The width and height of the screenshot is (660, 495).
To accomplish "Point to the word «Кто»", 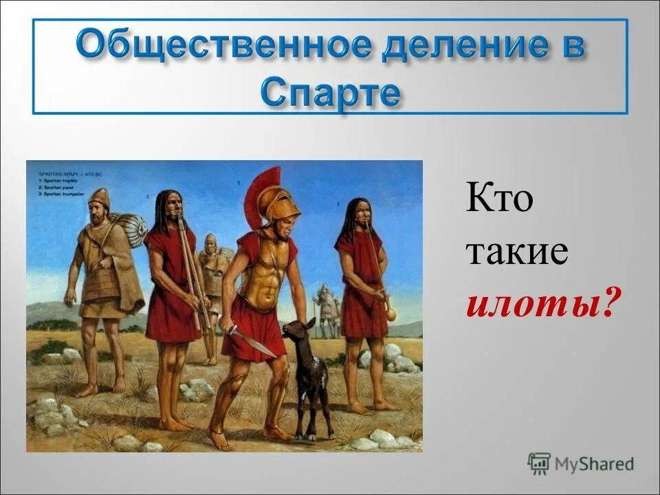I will click(x=500, y=200).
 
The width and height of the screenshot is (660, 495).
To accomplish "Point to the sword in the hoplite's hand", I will click(x=251, y=340).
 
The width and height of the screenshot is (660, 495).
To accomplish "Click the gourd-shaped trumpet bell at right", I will click(x=390, y=313).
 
